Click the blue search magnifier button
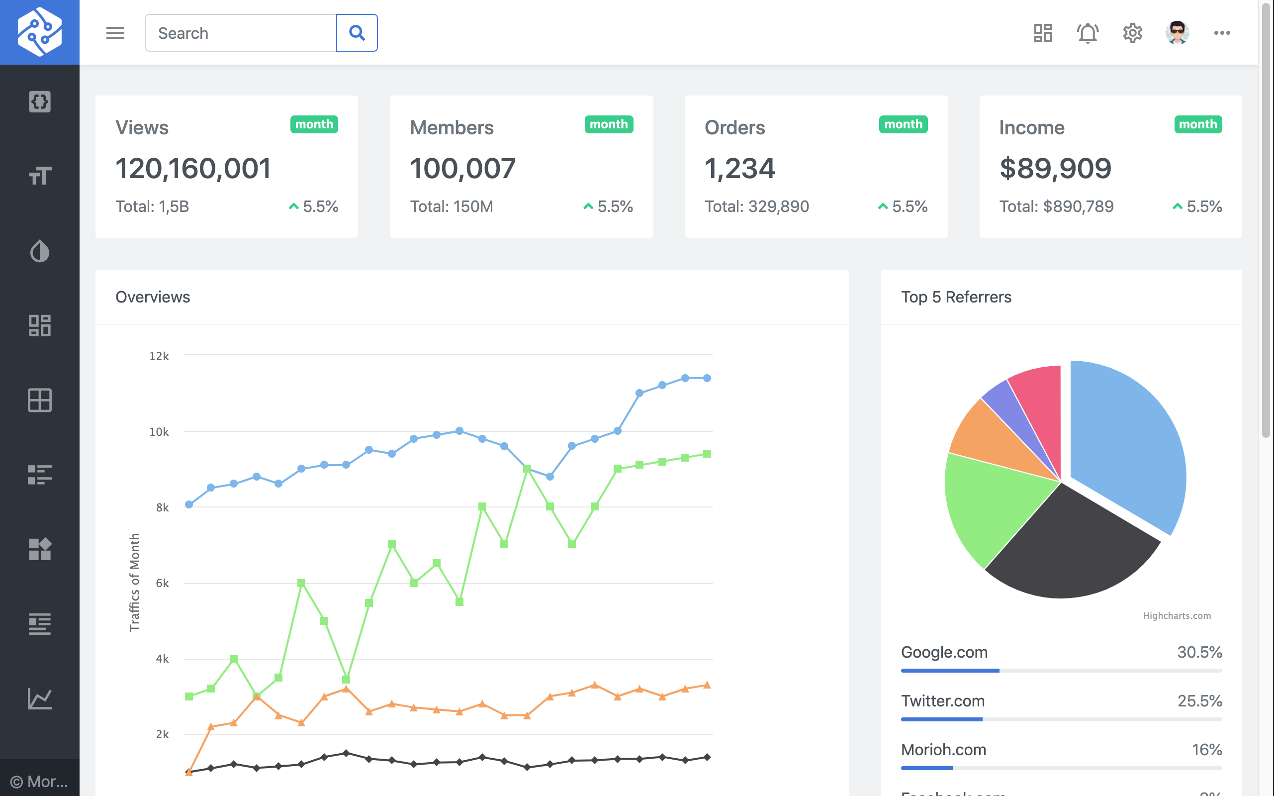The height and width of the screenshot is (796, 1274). point(357,33)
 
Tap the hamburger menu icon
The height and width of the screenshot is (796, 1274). point(115,33)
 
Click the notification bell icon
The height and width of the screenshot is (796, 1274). point(1087,33)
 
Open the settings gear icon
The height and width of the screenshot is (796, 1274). point(1132,33)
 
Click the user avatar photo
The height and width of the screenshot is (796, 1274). point(1177,33)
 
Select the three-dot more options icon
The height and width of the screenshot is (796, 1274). point(1221,33)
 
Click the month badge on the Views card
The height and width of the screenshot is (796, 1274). point(314,124)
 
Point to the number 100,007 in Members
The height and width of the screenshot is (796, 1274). point(462,169)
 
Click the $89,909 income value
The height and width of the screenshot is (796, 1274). point(1055,169)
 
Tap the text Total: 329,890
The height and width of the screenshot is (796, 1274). point(756,206)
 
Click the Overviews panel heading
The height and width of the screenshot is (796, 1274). point(153,297)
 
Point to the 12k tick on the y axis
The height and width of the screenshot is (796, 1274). point(159,356)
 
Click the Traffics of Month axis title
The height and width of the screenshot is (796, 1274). point(135,582)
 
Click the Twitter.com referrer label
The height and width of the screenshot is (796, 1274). point(942,700)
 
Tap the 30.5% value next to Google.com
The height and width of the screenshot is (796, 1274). point(1199,652)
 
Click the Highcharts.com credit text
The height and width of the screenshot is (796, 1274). point(1176,615)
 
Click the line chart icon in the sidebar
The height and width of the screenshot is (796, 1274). point(39,698)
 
